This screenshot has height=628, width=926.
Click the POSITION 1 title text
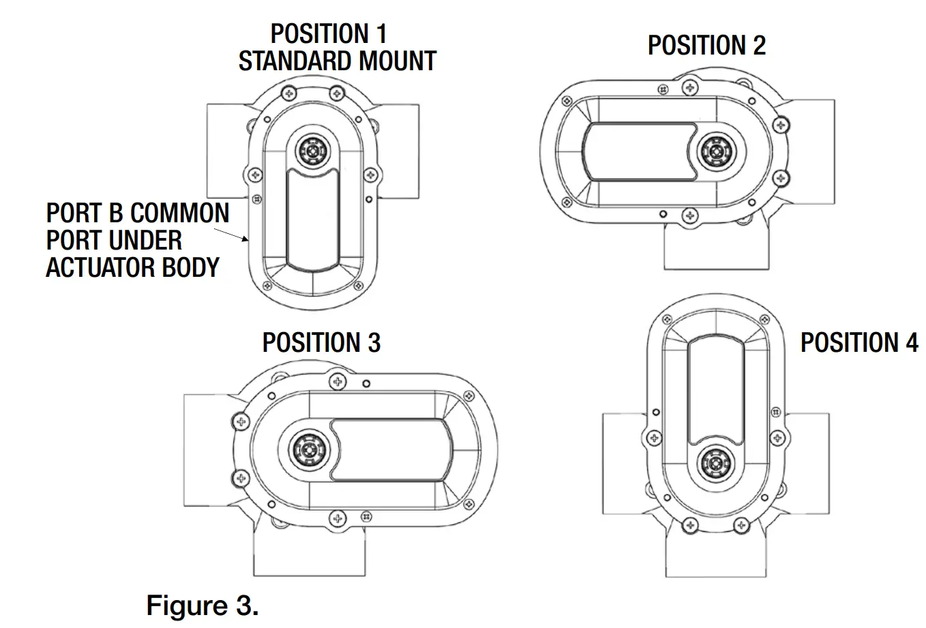(x=329, y=33)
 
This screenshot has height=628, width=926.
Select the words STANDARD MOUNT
(x=337, y=61)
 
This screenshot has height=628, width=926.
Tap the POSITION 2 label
(x=706, y=46)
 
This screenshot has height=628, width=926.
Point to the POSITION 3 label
(x=321, y=342)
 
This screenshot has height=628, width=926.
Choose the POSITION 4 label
(x=859, y=342)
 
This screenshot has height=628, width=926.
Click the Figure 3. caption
(x=203, y=605)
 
